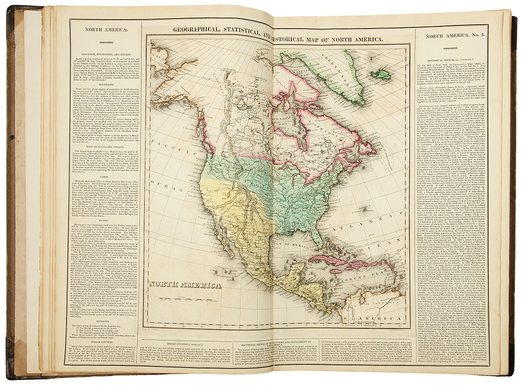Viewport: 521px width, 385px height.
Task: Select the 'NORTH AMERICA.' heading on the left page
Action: tap(107, 30)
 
